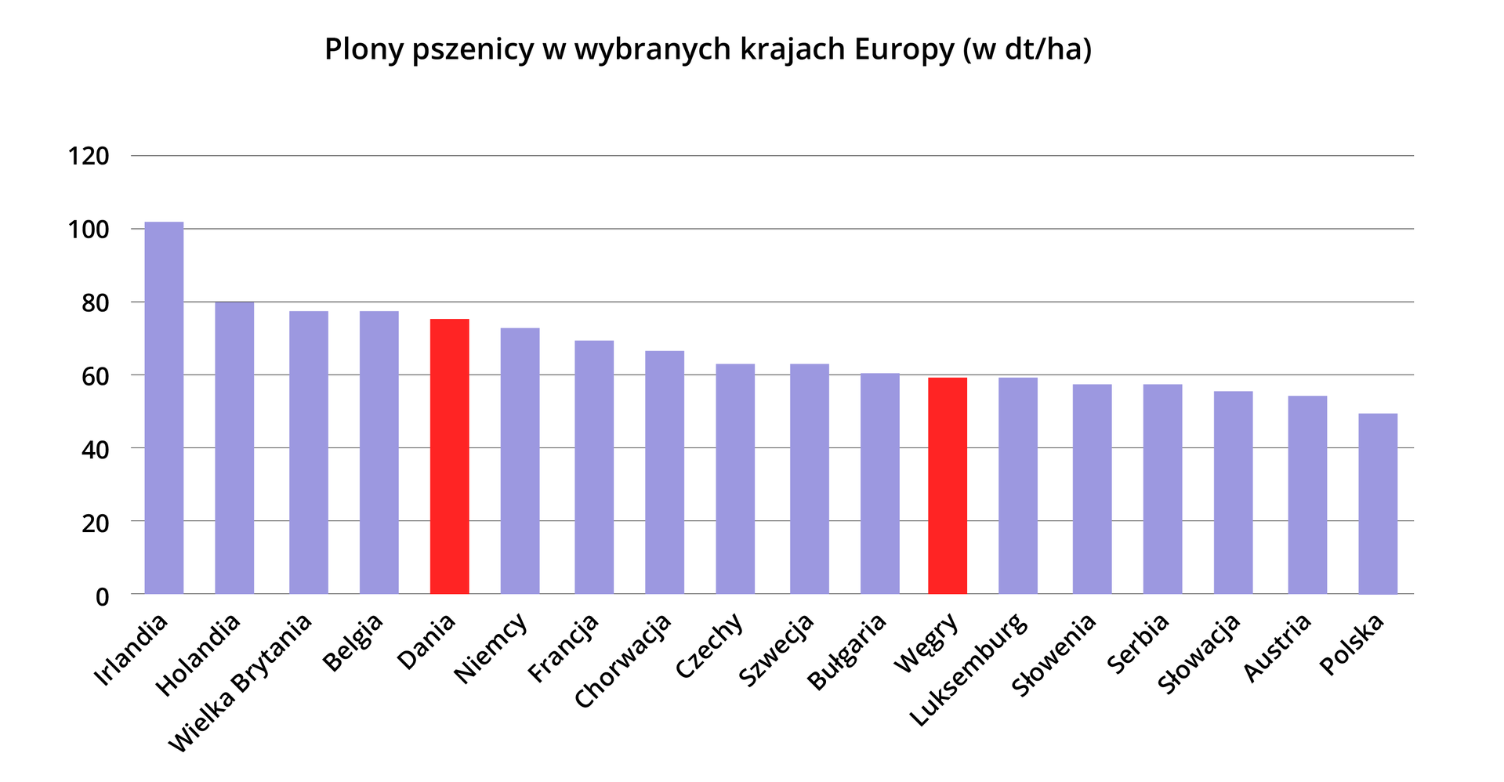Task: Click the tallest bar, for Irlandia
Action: [164, 407]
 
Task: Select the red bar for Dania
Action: [449, 456]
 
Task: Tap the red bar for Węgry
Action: [947, 486]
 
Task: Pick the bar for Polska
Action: [1377, 503]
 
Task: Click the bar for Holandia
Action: [234, 447]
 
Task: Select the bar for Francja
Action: [593, 467]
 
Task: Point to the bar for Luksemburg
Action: [1017, 486]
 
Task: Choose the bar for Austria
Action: [1306, 494]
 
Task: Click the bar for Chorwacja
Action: [664, 472]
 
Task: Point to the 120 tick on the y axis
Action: [88, 157]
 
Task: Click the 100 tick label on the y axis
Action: [88, 230]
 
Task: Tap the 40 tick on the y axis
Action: [95, 450]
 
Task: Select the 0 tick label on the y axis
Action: [102, 597]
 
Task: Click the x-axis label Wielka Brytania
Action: [240, 683]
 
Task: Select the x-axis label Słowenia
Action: [1053, 655]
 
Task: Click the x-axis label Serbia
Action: [1138, 643]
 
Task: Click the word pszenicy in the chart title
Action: [474, 49]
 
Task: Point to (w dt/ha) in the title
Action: [1026, 49]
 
